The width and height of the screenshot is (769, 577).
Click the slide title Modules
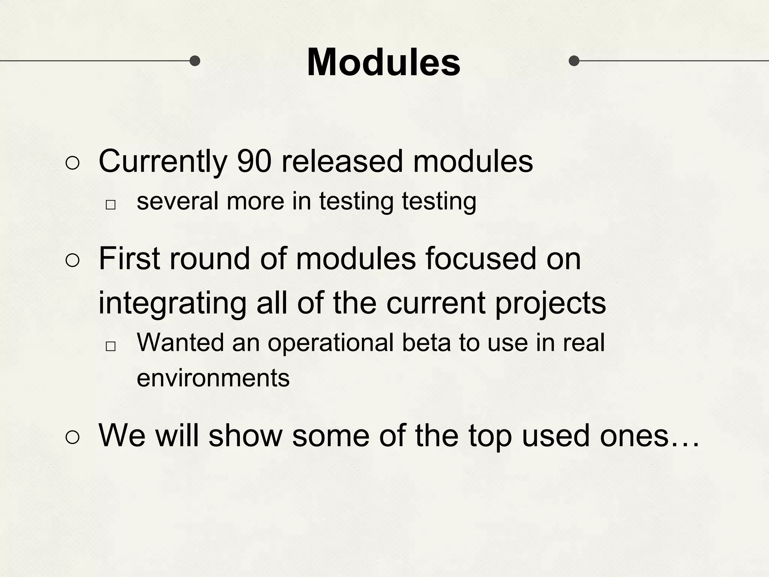click(383, 62)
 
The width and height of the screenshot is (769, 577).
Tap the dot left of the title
click(195, 60)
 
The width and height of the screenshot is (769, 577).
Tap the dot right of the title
click(574, 60)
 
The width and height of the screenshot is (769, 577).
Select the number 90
click(254, 162)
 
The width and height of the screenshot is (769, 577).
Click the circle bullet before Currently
click(72, 163)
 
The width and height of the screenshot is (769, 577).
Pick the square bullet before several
click(110, 205)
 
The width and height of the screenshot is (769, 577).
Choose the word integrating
click(172, 304)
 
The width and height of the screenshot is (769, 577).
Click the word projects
click(550, 304)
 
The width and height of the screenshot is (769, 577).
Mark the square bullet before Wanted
click(110, 346)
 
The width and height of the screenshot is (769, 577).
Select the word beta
click(426, 343)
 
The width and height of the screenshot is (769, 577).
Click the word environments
click(213, 378)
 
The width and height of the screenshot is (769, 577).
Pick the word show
click(245, 436)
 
